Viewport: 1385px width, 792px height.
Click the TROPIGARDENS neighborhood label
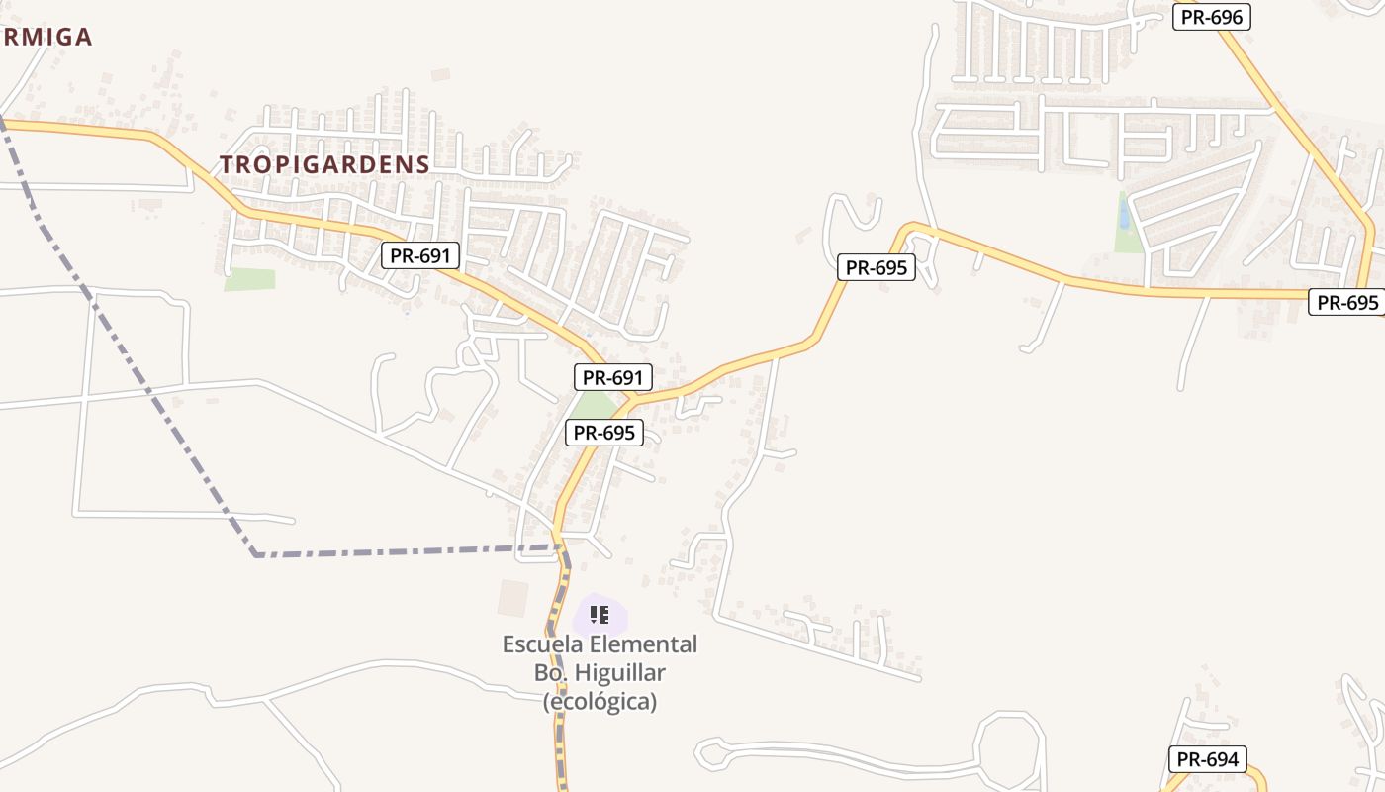[x=324, y=164]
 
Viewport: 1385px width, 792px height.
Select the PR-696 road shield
[x=1212, y=16]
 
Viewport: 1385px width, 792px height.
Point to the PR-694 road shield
[x=1207, y=759]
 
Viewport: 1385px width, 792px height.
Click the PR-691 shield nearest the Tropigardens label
[x=420, y=256]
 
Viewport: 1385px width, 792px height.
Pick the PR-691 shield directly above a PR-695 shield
[x=612, y=377]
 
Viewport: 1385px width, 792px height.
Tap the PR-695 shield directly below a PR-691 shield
[x=603, y=433]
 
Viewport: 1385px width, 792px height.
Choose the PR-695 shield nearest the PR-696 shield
[x=1347, y=302]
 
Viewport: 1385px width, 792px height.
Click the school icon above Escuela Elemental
[x=600, y=615]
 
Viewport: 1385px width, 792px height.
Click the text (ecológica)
[x=600, y=702]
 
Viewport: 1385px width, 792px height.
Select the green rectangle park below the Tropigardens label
[x=249, y=279]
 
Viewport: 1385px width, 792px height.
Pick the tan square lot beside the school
[x=513, y=597]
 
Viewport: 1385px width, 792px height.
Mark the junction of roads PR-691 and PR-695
[x=630, y=400]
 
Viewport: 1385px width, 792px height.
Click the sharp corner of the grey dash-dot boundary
[x=255, y=554]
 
